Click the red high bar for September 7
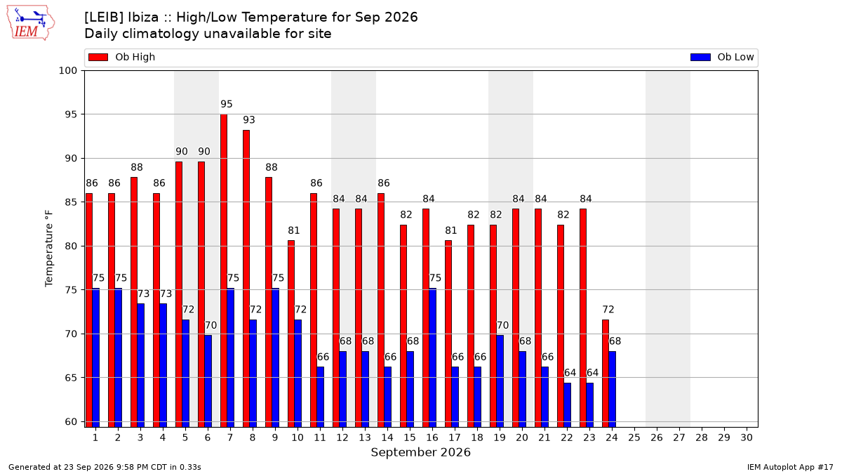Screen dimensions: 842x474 pos(224,270)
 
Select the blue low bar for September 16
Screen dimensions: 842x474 pos(433,357)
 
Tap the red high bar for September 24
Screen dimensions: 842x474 pos(606,373)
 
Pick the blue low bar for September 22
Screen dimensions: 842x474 pos(568,404)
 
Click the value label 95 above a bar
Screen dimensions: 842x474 pos(226,104)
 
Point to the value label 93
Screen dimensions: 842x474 pos(249,119)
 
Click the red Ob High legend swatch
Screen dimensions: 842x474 pos(98,57)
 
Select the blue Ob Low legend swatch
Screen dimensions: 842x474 pos(700,57)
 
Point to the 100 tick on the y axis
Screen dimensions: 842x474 pos(67,71)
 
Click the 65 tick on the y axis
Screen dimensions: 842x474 pos(71,378)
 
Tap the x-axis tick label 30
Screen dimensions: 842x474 pos(747,437)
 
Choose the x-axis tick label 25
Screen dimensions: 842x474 pos(634,437)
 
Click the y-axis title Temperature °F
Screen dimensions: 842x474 pos(49,249)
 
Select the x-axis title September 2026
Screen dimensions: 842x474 pos(420,452)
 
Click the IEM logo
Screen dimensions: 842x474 pos(31,23)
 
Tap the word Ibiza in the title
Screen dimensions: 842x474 pos(144,18)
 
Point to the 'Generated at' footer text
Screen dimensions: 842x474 pos(105,467)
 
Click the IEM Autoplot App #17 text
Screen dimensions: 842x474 pos(790,467)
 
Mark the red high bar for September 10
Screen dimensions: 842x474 pos(291,334)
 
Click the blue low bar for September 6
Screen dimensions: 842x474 pos(208,381)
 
